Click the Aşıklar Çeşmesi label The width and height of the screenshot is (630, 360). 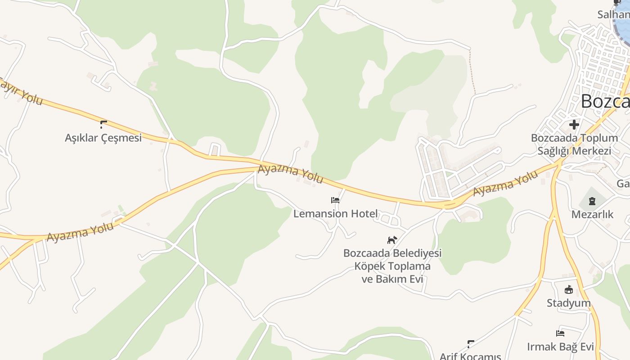(103, 138)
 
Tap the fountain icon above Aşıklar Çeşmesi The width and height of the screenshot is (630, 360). (103, 125)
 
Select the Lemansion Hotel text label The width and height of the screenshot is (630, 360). (335, 214)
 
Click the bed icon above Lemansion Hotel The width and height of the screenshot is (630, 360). (335, 200)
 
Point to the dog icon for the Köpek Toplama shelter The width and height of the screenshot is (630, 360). (392, 240)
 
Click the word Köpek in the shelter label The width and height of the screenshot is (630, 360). (370, 266)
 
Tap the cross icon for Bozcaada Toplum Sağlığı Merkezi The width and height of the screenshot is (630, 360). (574, 125)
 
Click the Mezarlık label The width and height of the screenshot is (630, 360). (592, 215)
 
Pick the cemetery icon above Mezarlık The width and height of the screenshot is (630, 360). (592, 201)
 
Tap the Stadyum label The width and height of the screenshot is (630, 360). (569, 303)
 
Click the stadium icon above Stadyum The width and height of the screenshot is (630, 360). (569, 289)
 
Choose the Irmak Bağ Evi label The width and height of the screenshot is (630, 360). (561, 347)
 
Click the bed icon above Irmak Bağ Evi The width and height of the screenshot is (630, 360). (560, 333)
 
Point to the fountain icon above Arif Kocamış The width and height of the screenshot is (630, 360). (471, 344)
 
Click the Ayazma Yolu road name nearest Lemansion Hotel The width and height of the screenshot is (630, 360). (290, 175)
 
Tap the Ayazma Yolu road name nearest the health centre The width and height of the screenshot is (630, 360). (505, 184)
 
